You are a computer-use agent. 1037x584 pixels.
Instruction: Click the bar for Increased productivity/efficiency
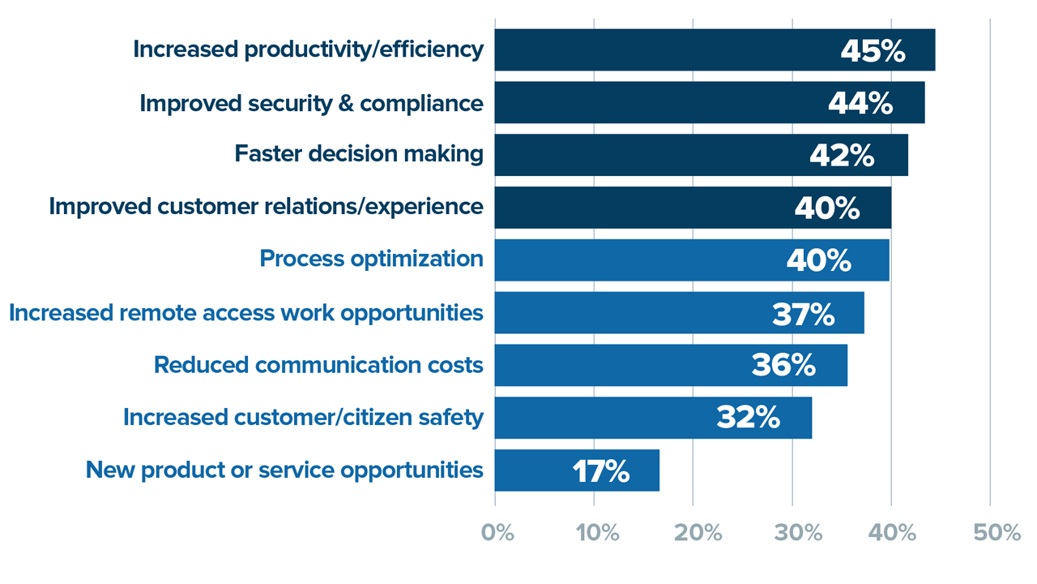click(x=664, y=50)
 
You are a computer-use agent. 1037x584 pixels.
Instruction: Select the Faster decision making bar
click(x=648, y=155)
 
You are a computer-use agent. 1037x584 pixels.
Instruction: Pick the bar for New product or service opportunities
click(x=535, y=470)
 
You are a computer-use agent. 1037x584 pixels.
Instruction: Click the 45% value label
click(x=873, y=51)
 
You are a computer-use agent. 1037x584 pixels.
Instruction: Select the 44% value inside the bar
click(x=860, y=103)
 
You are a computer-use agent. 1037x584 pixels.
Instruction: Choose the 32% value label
click(x=748, y=418)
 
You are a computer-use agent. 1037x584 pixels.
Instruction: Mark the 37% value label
click(x=803, y=313)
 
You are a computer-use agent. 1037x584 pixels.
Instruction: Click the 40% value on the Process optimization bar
click(x=818, y=260)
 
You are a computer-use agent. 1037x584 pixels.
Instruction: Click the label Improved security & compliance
click(x=311, y=103)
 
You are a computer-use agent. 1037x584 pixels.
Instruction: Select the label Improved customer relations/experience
click(x=266, y=206)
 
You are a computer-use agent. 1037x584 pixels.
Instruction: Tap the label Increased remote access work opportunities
click(x=246, y=312)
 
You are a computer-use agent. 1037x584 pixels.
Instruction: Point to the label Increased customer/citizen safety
click(x=303, y=417)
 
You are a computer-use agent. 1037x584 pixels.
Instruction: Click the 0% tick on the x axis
click(x=497, y=533)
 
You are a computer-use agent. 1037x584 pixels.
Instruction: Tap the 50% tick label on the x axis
click(x=996, y=533)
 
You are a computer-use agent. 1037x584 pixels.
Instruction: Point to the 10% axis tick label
click(x=597, y=533)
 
